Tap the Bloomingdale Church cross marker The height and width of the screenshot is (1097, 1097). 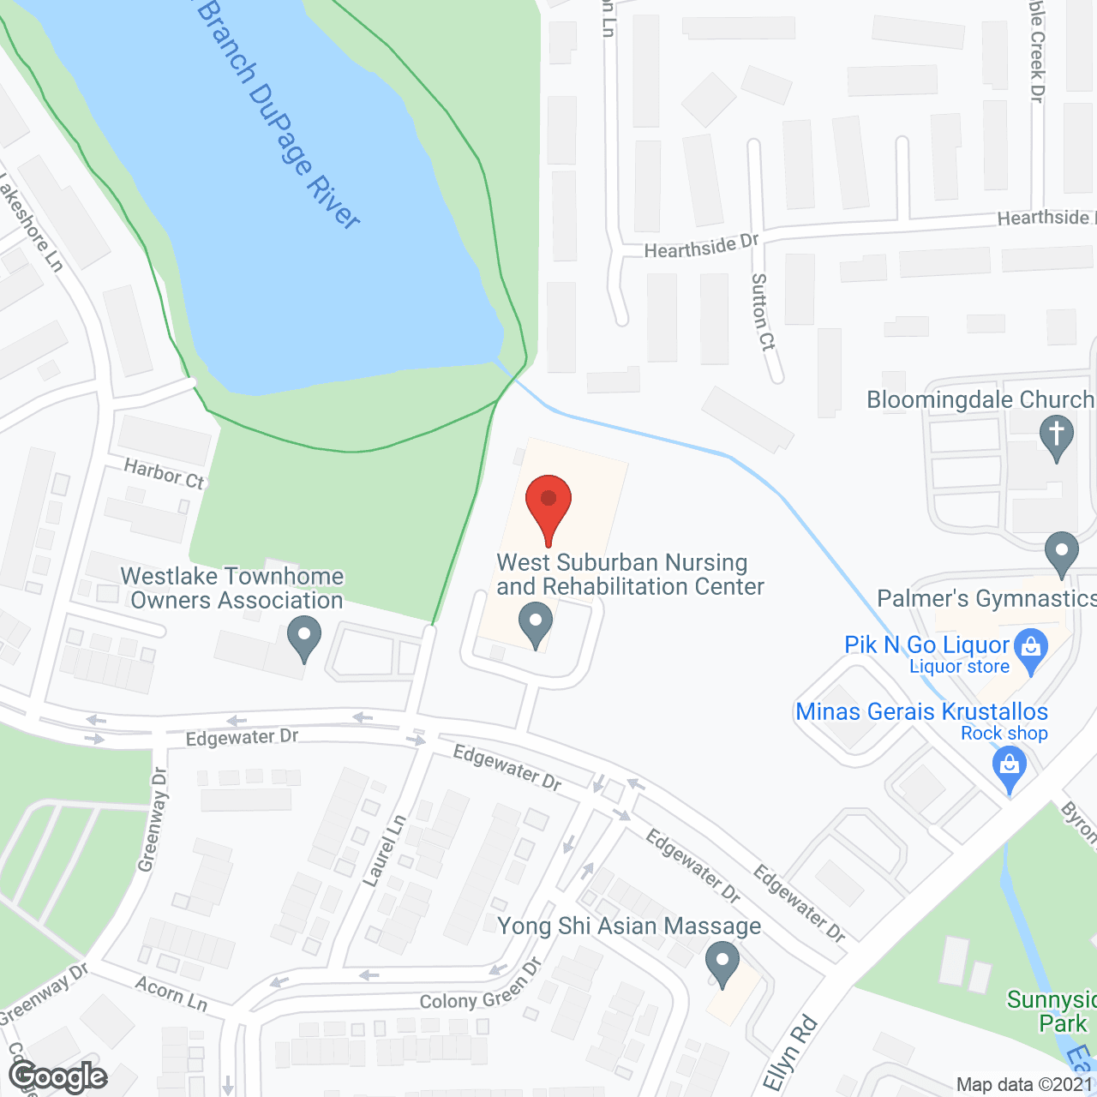[x=1057, y=435]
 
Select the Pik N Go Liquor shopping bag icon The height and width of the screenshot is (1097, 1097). [x=1031, y=649]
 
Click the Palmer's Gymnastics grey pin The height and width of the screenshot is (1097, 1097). [x=1062, y=552]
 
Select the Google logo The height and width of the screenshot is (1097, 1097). [x=58, y=1076]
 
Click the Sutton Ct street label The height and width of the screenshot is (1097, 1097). [x=762, y=312]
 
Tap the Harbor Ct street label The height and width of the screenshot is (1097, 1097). [x=165, y=474]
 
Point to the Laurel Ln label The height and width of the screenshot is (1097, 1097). [x=384, y=851]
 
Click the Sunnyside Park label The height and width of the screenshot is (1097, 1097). [x=1052, y=1012]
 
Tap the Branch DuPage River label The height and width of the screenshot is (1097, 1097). [x=279, y=115]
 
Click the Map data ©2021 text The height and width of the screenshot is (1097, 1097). [x=1024, y=1084]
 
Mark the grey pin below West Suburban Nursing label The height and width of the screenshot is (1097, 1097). [x=537, y=625]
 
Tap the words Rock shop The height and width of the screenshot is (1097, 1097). [x=1004, y=734]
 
